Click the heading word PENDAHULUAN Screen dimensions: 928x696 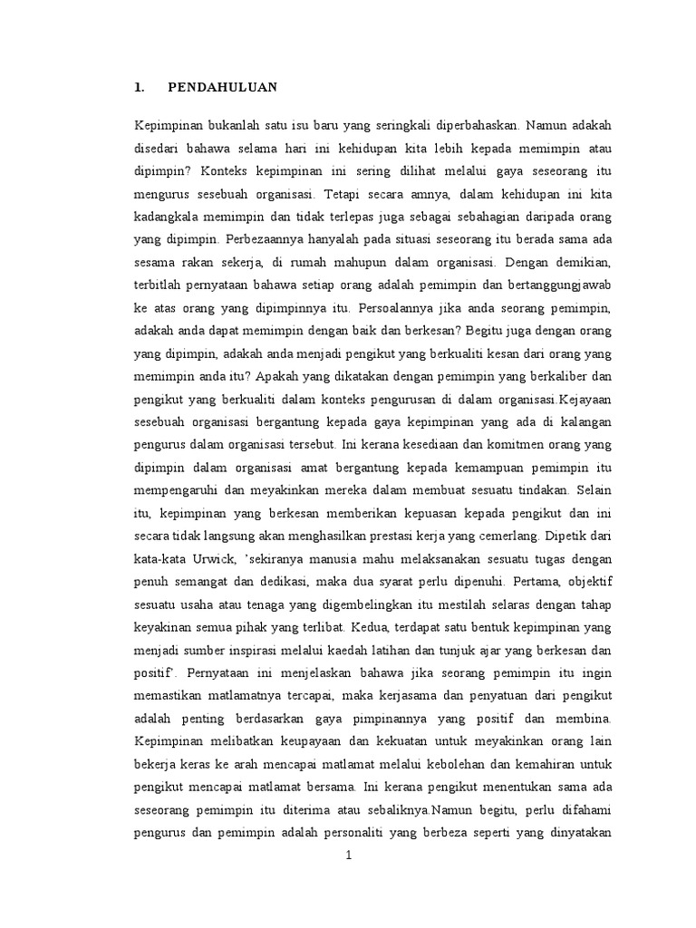point(222,88)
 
